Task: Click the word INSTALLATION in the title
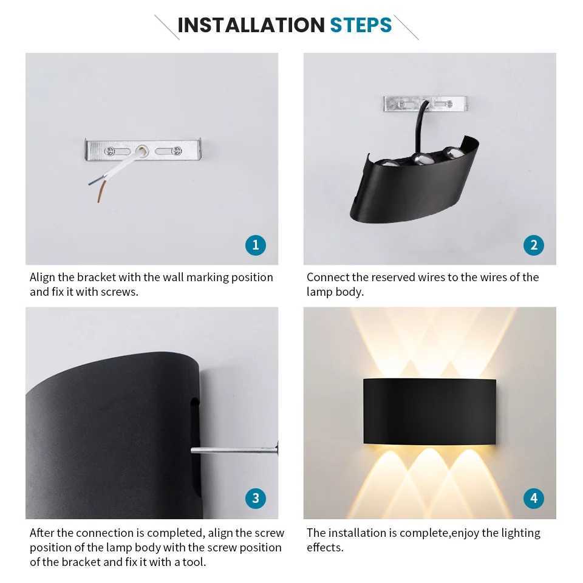pos(251,26)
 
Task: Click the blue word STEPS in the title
pos(361,26)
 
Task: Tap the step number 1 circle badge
pos(255,245)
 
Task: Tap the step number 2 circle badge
pos(533,245)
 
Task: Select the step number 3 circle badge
pos(255,499)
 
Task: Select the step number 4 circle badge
pos(533,499)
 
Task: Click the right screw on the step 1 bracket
pos(176,151)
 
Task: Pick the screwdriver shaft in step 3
pos(231,450)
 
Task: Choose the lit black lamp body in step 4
pos(429,411)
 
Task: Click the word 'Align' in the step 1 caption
pos(42,278)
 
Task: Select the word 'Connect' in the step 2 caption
pos(328,278)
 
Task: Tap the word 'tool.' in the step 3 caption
pos(194,562)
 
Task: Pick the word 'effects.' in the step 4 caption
pos(325,547)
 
